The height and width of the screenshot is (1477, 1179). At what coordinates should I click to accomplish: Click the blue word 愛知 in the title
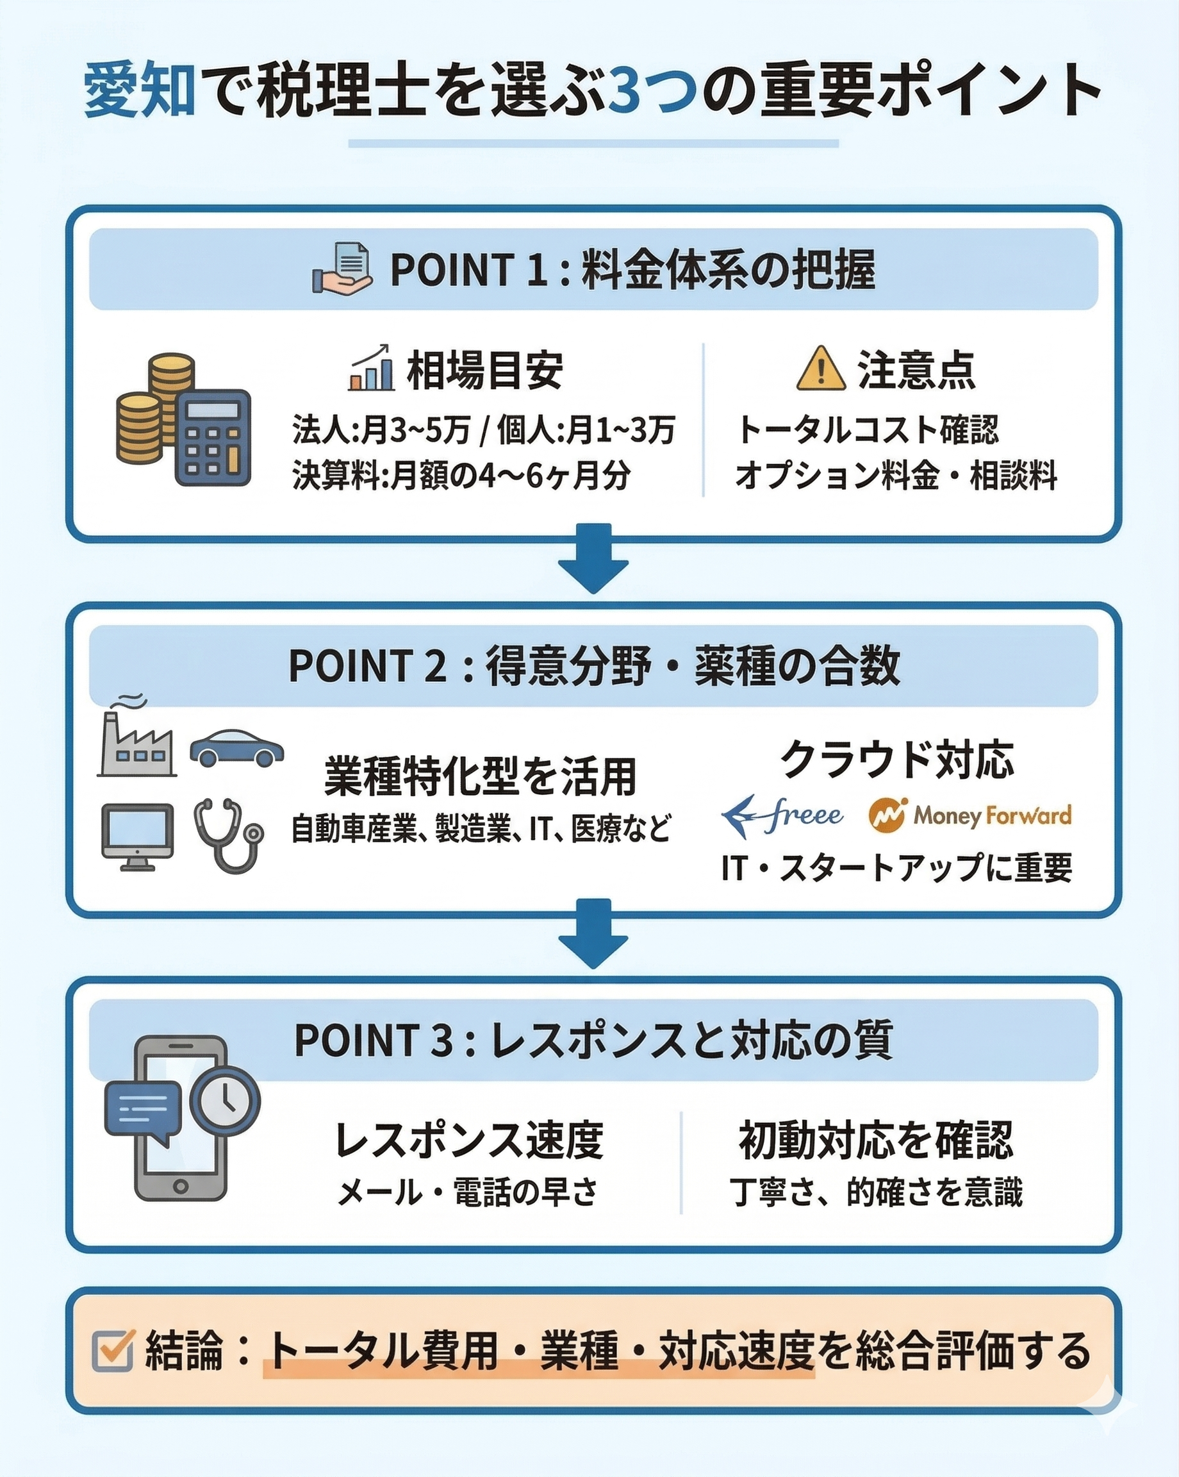pyautogui.click(x=140, y=90)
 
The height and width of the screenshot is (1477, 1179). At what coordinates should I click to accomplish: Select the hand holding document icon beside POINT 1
pyautogui.click(x=342, y=270)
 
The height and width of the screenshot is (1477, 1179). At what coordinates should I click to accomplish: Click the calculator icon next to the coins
pyautogui.click(x=212, y=438)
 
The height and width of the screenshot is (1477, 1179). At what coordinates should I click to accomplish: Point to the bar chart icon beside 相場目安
pyautogui.click(x=372, y=369)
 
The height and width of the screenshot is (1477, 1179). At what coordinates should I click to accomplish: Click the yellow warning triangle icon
pyautogui.click(x=821, y=370)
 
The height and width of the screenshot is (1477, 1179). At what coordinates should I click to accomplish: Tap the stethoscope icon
pyautogui.click(x=228, y=835)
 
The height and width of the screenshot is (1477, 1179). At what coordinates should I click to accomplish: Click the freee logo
pyautogui.click(x=782, y=815)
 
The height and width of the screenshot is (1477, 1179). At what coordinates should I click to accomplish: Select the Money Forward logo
pyautogui.click(x=969, y=815)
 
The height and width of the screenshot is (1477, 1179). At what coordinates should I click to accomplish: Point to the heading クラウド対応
pyautogui.click(x=896, y=759)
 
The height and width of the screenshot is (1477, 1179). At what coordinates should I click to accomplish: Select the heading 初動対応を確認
pyautogui.click(x=876, y=1139)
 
